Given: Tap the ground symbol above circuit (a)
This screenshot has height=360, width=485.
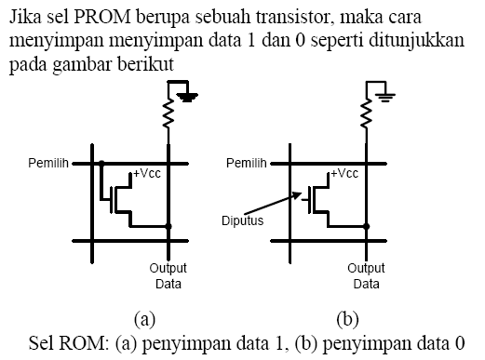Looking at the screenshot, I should [186, 94].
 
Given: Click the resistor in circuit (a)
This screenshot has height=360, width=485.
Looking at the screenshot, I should [168, 116].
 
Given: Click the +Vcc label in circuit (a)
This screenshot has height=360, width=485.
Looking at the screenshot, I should [147, 173].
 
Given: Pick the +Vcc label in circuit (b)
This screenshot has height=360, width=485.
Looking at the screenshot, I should [344, 173].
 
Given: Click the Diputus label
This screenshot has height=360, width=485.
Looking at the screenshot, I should [241, 221].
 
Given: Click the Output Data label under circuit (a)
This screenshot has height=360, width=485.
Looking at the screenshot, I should [168, 276].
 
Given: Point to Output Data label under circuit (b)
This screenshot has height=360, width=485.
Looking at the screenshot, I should [368, 276].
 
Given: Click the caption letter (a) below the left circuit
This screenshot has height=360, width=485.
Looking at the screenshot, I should [144, 319].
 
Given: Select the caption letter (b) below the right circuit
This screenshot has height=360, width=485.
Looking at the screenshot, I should [348, 319].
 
